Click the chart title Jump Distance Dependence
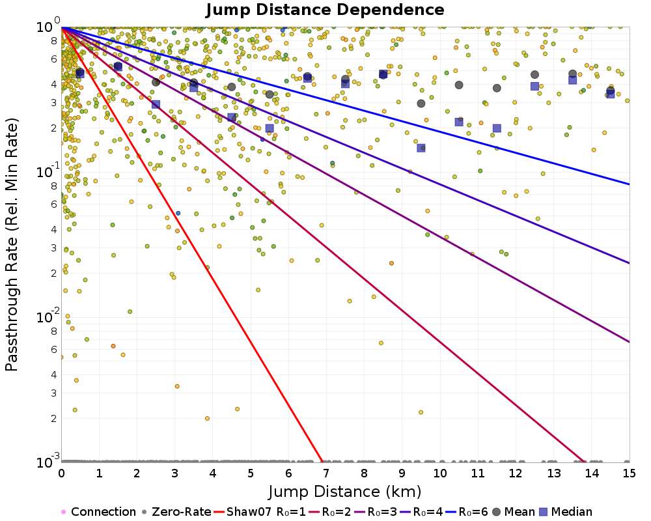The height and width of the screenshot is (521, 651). (325, 10)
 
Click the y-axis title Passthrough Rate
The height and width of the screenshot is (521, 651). (12, 244)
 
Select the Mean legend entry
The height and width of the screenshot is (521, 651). (516, 512)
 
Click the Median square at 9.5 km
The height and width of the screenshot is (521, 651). (421, 148)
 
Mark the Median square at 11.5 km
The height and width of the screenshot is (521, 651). (497, 128)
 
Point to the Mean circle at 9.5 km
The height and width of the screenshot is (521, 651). (421, 104)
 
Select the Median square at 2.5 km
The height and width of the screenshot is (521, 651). (156, 105)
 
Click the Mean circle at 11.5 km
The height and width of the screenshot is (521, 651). (497, 88)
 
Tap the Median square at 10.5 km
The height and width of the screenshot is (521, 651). (459, 122)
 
